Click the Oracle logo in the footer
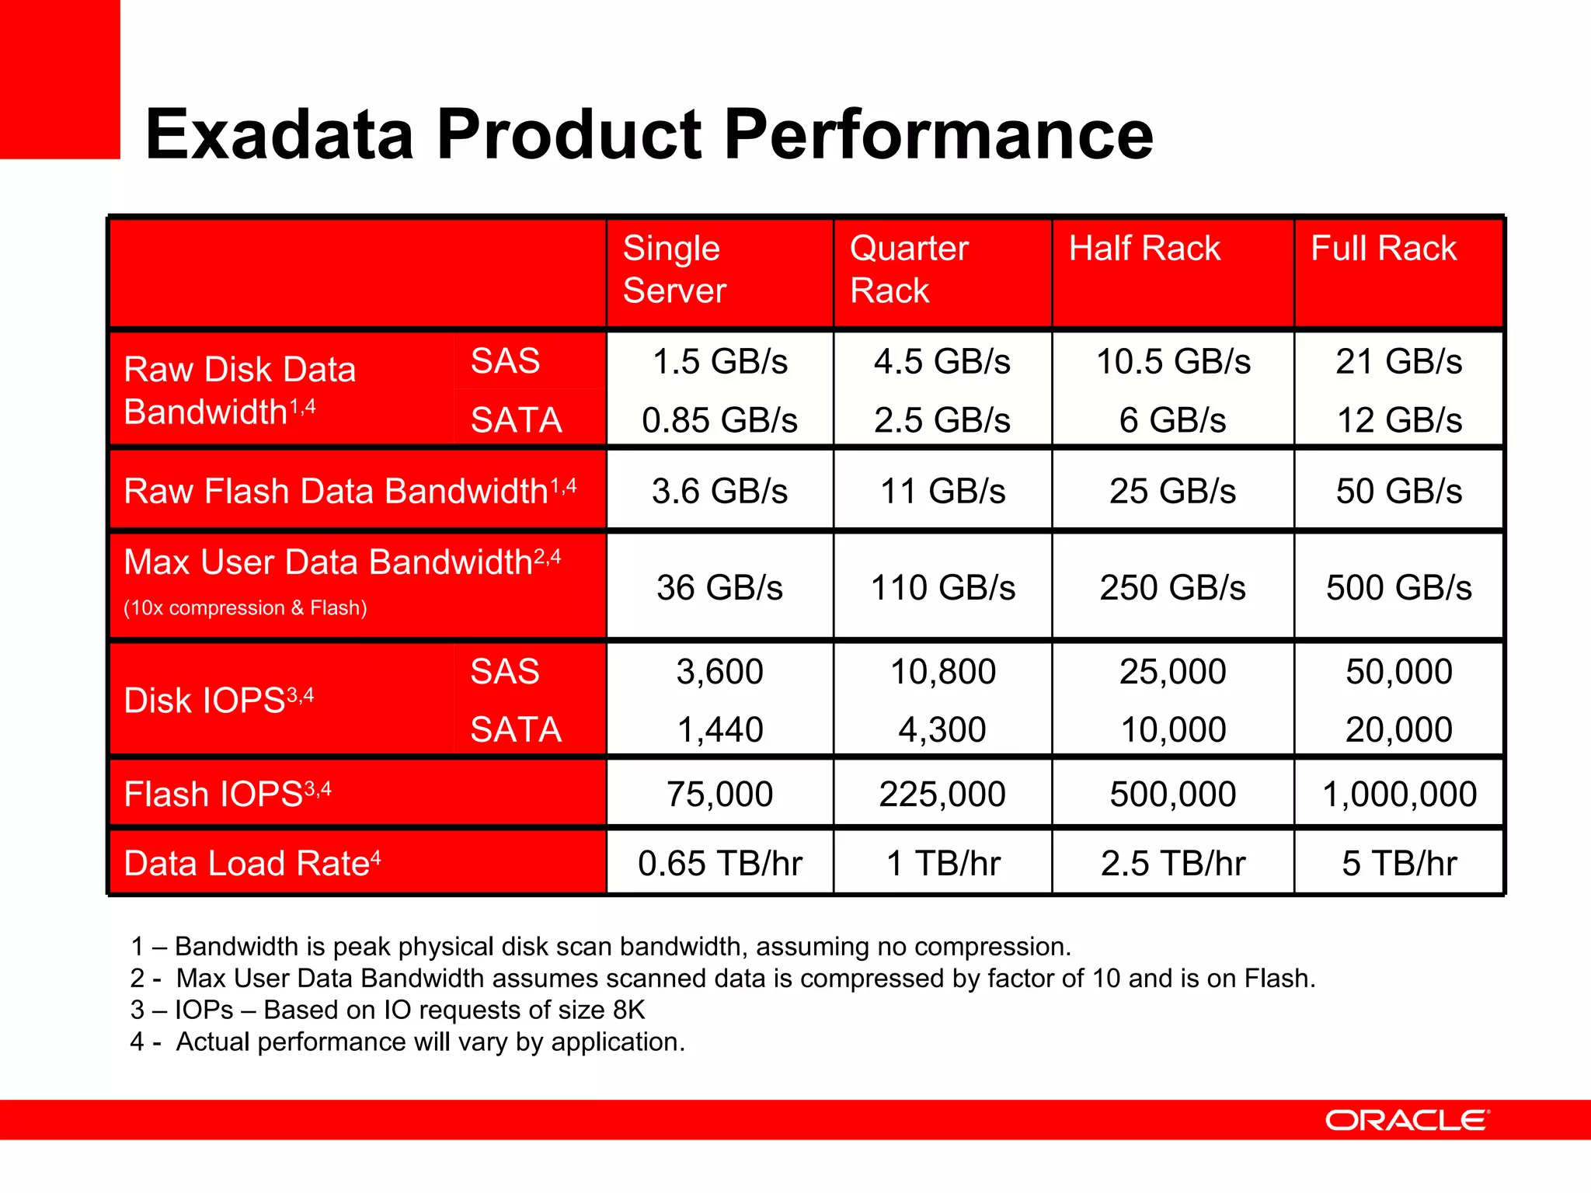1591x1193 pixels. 1407,1120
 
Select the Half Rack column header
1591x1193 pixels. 1144,249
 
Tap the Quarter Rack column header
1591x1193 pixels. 908,269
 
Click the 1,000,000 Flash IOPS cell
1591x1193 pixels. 1398,794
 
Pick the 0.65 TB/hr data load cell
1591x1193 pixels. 719,863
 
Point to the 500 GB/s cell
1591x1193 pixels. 1398,587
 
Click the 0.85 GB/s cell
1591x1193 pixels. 719,420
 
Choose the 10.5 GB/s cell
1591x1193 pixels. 1172,362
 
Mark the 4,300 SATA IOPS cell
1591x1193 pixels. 942,729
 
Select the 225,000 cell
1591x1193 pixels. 942,794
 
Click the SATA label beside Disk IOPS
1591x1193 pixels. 516,729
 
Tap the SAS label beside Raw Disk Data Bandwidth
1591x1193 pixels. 505,361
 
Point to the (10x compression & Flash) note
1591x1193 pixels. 245,607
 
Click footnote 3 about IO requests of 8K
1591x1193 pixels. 388,1010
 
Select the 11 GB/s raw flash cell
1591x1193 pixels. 942,491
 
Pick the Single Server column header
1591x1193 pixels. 674,269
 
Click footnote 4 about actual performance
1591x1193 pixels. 408,1042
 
